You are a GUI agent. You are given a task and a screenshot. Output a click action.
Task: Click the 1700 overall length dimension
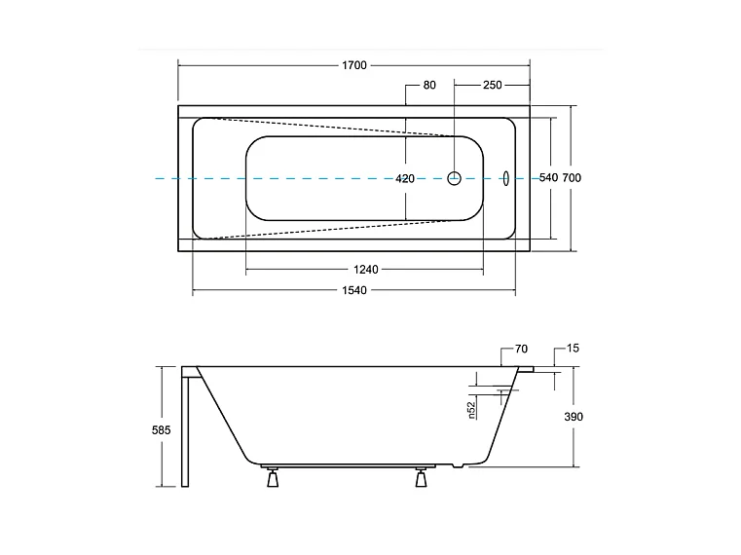354,65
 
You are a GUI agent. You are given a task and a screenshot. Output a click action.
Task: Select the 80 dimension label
429,86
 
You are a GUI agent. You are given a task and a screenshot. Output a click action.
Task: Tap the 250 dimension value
492,86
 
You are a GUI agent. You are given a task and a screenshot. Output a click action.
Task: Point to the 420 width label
405,178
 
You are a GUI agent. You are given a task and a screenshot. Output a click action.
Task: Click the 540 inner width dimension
548,178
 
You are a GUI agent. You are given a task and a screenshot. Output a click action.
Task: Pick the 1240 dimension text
365,269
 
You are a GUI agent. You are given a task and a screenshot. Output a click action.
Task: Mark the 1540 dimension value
354,291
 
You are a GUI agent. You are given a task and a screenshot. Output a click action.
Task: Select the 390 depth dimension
574,416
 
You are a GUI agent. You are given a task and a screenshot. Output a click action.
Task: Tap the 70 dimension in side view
521,348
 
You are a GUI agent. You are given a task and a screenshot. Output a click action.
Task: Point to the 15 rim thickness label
573,348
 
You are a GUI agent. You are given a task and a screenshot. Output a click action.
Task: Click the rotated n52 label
470,410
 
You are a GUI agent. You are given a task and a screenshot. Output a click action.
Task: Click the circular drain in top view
454,178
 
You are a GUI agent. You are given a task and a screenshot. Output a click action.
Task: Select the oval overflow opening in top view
505,178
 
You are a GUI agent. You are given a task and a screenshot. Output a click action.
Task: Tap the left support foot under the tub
272,478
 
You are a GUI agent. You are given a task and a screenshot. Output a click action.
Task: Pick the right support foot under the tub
422,478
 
